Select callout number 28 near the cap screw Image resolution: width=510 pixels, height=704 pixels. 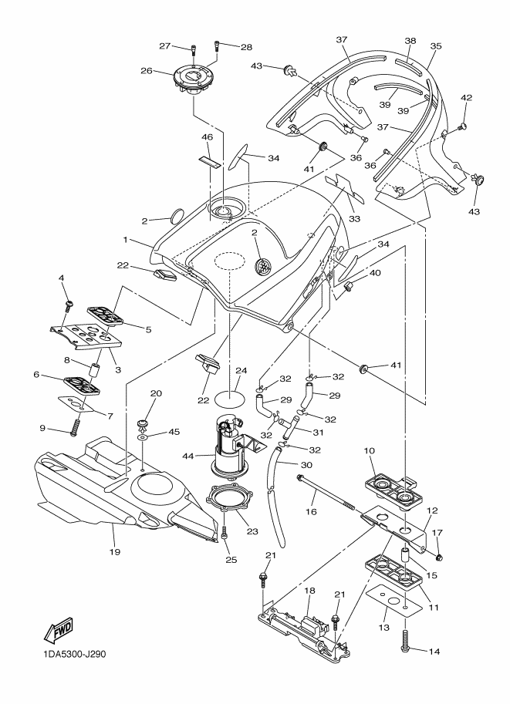coord(247,47)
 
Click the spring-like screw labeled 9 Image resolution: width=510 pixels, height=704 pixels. coord(75,427)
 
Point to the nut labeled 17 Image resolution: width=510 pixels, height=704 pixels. coord(438,557)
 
